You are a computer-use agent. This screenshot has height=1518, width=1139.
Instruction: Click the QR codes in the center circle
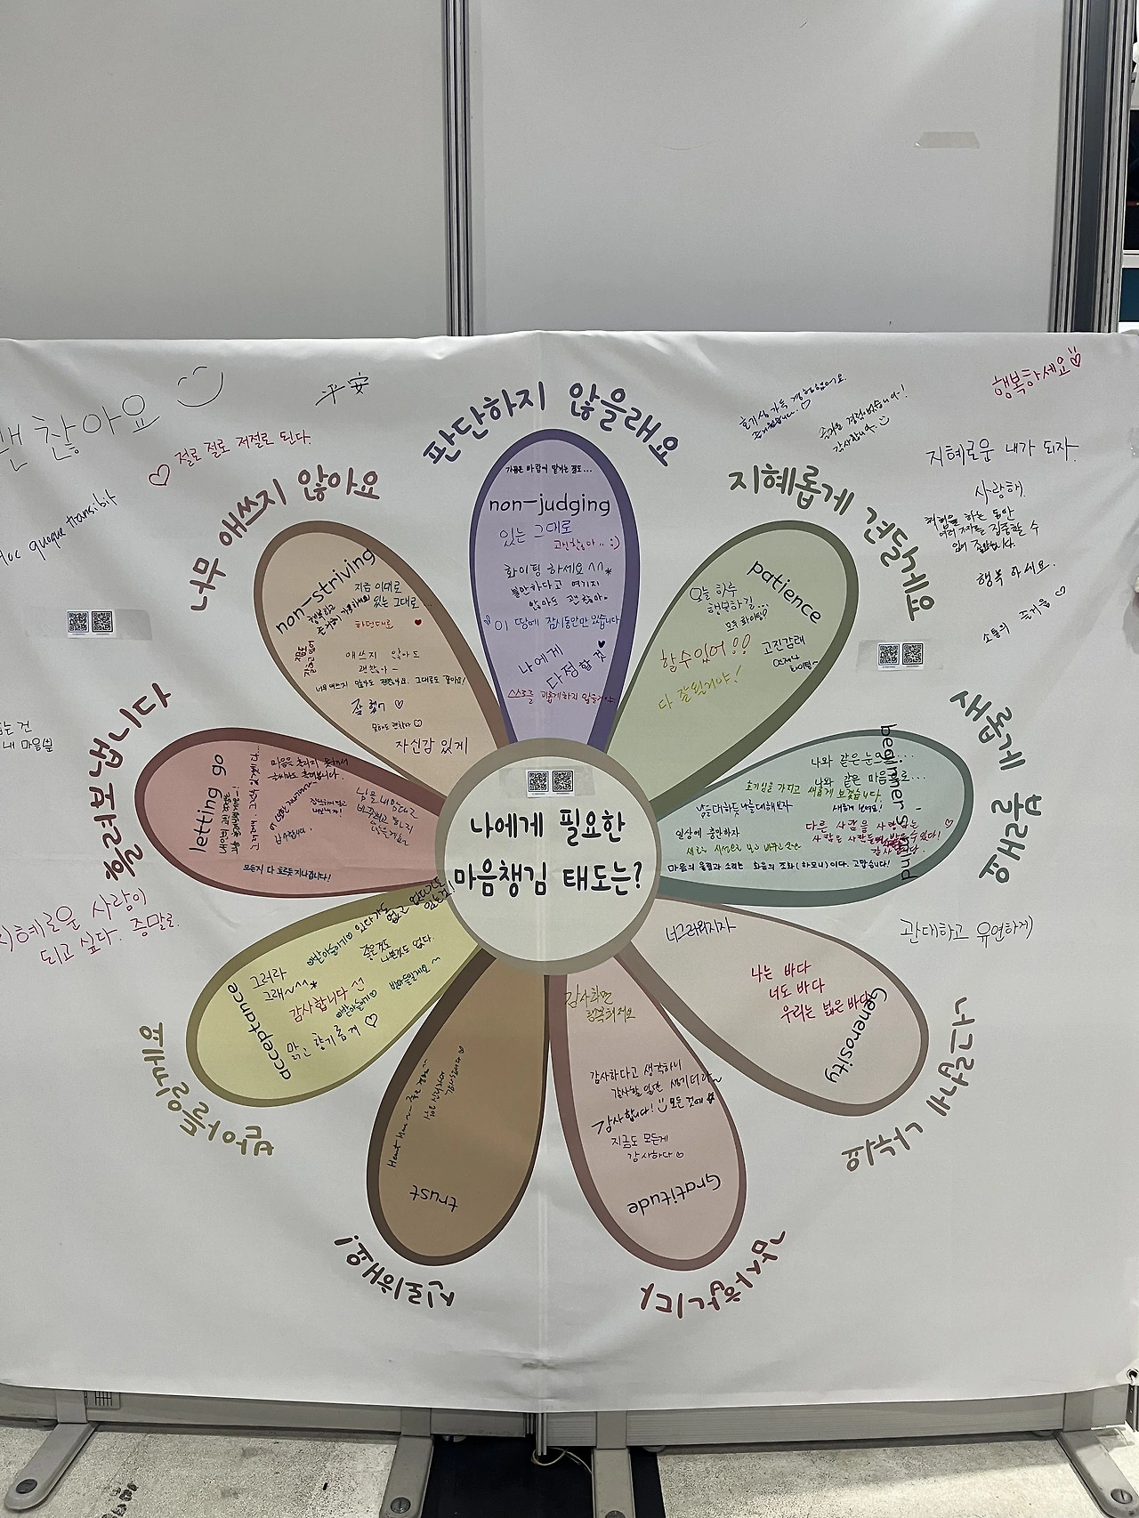[549, 781]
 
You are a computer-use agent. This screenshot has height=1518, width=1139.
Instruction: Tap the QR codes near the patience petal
[900, 654]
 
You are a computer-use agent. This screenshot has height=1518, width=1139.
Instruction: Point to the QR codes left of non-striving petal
[91, 620]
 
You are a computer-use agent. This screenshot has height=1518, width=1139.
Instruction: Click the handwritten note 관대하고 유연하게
[965, 929]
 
